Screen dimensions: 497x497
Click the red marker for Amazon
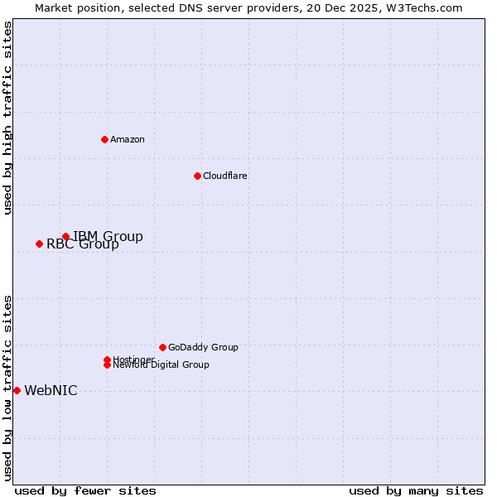coord(104,139)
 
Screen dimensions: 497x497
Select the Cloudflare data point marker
coord(197,176)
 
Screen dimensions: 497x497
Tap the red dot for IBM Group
coord(65,237)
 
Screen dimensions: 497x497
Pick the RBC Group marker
coord(39,244)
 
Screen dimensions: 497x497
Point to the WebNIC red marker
coord(17,390)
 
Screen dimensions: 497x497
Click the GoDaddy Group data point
coord(162,347)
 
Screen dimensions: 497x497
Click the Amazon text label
coord(128,139)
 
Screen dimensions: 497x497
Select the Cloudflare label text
coord(225,176)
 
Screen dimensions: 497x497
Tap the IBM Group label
coord(108,237)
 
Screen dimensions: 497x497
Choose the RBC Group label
coord(83,244)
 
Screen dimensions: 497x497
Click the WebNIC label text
coord(51,391)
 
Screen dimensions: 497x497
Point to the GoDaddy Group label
coord(203,347)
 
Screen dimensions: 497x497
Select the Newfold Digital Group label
coord(162,365)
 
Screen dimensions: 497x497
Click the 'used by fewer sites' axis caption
coord(85,490)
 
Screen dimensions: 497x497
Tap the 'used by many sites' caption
coord(416,490)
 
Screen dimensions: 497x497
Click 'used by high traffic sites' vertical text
coord(7,118)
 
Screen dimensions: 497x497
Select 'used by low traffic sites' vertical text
coord(7,388)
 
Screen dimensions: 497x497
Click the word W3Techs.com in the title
coord(422,7)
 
